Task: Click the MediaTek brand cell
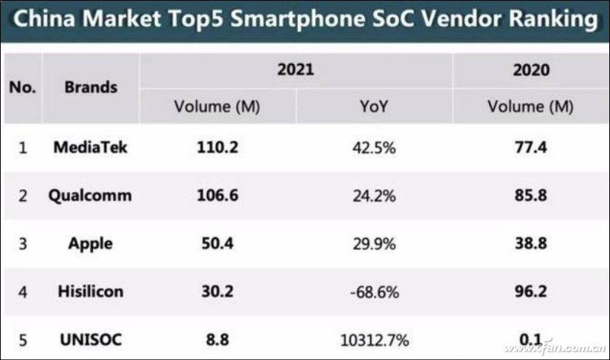click(91, 148)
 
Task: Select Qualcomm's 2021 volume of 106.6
click(218, 195)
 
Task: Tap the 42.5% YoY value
click(374, 148)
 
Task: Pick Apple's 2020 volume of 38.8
click(531, 244)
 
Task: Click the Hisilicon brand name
click(91, 292)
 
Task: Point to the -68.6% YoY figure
click(374, 292)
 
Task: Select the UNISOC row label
click(91, 340)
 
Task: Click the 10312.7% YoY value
click(374, 340)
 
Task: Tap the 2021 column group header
click(295, 71)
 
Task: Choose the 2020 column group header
click(531, 71)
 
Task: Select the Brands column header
click(91, 87)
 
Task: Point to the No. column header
click(22, 87)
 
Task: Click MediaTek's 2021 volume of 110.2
click(218, 148)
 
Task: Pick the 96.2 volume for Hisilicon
click(531, 292)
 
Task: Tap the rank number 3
click(22, 244)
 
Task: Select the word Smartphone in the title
click(288, 21)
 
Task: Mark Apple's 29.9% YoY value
click(374, 244)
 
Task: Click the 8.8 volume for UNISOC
click(218, 340)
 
